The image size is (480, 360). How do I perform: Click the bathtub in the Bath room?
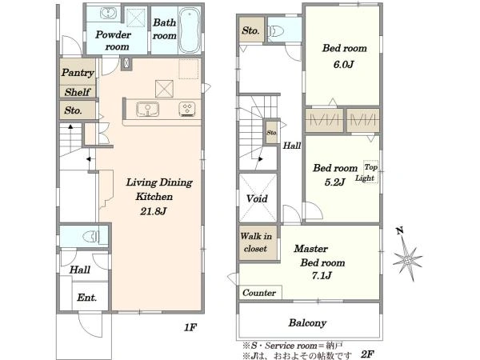[190, 30]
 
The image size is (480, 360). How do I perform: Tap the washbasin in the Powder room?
[108, 14]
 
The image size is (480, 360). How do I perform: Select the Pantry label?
[78, 73]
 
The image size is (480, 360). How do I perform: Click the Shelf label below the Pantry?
[78, 92]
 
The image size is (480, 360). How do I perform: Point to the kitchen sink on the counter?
[147, 110]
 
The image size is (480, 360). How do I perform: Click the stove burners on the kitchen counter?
[187, 109]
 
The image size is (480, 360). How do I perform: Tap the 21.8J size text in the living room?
[154, 211]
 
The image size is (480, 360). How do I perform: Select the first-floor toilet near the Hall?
[91, 236]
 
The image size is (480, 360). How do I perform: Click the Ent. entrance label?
[87, 298]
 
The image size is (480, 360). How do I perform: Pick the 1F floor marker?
[190, 327]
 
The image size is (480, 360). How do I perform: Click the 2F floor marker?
[367, 354]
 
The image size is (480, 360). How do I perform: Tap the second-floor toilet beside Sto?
[276, 31]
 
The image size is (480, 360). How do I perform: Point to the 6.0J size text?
[343, 65]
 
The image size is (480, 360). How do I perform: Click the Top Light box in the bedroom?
[370, 172]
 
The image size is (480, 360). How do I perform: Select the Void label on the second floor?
[257, 198]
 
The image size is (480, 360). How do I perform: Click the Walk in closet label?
[256, 242]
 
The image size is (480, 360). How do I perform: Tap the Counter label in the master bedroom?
[259, 293]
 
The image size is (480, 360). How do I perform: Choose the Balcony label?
[307, 323]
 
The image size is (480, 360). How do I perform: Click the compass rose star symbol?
[408, 259]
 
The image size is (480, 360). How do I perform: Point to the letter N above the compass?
[399, 231]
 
